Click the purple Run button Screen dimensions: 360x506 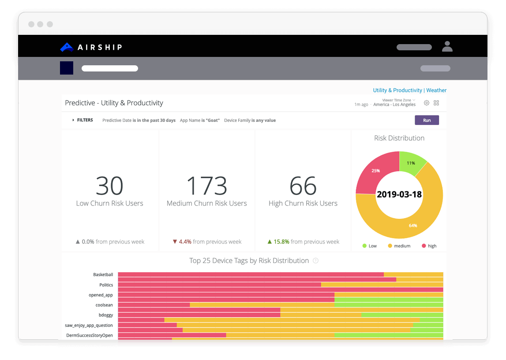tap(427, 120)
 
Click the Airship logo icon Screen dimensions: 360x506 tap(67, 47)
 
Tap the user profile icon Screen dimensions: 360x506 tap(447, 46)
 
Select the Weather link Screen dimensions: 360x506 tap(436, 90)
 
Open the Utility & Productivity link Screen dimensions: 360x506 tap(397, 90)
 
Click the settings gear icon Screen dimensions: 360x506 tap(427, 103)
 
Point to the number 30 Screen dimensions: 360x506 tap(109, 186)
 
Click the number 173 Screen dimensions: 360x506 tap(206, 186)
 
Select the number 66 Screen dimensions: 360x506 tap(303, 186)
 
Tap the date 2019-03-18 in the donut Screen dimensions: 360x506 tap(399, 195)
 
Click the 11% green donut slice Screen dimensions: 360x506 tap(412, 162)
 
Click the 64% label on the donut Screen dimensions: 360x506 tap(413, 225)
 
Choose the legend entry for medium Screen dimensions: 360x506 tap(399, 246)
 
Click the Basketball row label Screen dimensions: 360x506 tap(103, 274)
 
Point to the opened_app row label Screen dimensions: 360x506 tap(101, 295)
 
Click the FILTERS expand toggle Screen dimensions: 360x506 tap(74, 120)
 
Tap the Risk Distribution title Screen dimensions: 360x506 tap(399, 138)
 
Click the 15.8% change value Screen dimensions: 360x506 tap(281, 242)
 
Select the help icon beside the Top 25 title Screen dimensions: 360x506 tap(315, 261)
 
